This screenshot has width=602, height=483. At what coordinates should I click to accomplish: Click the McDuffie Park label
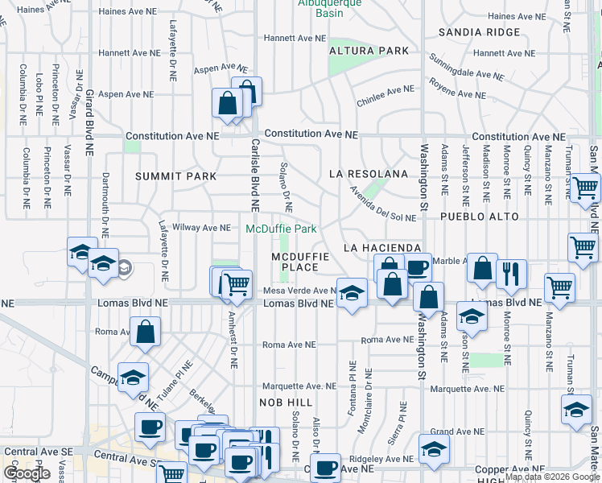click(281, 229)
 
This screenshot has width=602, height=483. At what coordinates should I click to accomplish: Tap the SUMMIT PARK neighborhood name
click(175, 175)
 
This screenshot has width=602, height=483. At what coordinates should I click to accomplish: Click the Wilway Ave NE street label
click(202, 228)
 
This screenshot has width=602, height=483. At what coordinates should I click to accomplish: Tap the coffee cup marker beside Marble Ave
click(417, 268)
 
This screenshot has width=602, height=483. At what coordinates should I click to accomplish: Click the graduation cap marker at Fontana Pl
click(351, 293)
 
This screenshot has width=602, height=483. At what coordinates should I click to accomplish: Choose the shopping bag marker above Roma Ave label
click(145, 332)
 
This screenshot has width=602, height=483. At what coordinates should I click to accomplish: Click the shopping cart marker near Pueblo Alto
click(585, 188)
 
